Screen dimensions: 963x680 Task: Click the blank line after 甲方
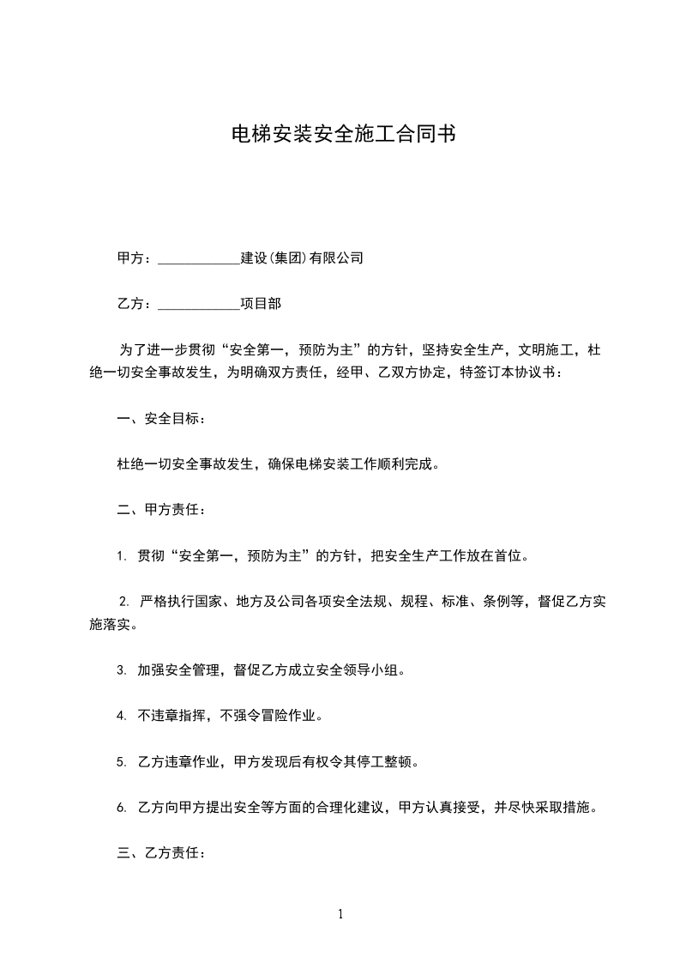pos(199,258)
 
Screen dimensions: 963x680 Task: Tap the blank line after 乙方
pos(199,304)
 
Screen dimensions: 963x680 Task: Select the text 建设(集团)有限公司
pos(302,257)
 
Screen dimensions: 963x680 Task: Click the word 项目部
pos(261,303)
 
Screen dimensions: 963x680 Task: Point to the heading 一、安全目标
pos(159,419)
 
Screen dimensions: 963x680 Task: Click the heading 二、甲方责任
pos(159,510)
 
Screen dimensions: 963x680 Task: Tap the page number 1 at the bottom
pos(340,914)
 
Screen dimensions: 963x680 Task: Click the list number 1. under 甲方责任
pos(122,556)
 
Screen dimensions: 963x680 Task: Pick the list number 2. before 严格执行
pos(123,601)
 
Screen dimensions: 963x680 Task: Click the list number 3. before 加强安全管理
pos(122,670)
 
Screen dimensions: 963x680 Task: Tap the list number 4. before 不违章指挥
pos(122,716)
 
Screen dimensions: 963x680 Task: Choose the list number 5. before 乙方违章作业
pos(122,761)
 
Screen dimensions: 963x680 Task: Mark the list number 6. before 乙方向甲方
pos(122,808)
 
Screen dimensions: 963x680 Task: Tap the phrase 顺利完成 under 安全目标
pos(411,464)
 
